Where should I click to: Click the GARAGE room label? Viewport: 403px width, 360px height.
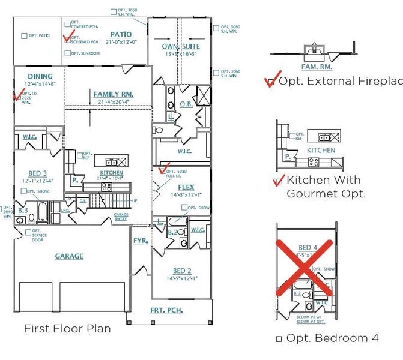click(x=69, y=256)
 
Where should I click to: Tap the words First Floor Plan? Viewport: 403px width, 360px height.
click(x=67, y=329)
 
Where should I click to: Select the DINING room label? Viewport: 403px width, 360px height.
click(x=40, y=76)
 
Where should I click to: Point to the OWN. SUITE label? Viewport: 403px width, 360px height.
click(x=181, y=46)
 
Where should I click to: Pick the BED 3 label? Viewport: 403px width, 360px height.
click(x=38, y=173)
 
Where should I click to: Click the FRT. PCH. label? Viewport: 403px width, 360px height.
click(x=166, y=310)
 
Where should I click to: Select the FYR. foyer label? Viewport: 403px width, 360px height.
click(x=141, y=241)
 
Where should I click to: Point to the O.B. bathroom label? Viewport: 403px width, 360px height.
click(x=186, y=104)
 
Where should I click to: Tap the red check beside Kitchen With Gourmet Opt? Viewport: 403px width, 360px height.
click(x=278, y=181)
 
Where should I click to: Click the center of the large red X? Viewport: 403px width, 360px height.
click(x=305, y=268)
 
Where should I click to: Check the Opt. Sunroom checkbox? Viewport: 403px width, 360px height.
click(x=67, y=53)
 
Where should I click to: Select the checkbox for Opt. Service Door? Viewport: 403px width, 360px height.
click(x=29, y=232)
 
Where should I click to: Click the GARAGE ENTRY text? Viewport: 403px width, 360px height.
click(x=121, y=217)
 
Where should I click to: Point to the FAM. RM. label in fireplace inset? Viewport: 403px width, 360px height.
click(x=317, y=67)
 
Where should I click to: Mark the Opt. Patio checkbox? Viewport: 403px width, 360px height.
click(x=25, y=36)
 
